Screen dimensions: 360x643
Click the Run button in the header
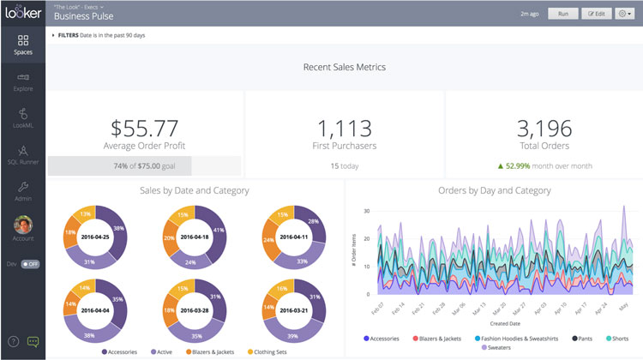(x=562, y=13)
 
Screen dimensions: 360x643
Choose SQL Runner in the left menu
(x=22, y=154)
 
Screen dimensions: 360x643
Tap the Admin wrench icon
(x=22, y=187)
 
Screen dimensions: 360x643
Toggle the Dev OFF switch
(x=30, y=264)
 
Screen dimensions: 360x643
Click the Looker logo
(x=22, y=13)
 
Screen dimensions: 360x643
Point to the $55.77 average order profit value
(x=144, y=128)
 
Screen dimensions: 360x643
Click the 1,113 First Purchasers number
(x=345, y=128)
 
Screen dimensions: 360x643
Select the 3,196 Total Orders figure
(x=544, y=128)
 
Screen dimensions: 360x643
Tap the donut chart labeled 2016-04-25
(x=96, y=232)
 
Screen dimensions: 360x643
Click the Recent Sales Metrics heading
(x=345, y=67)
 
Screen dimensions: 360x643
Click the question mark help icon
(x=13, y=342)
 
